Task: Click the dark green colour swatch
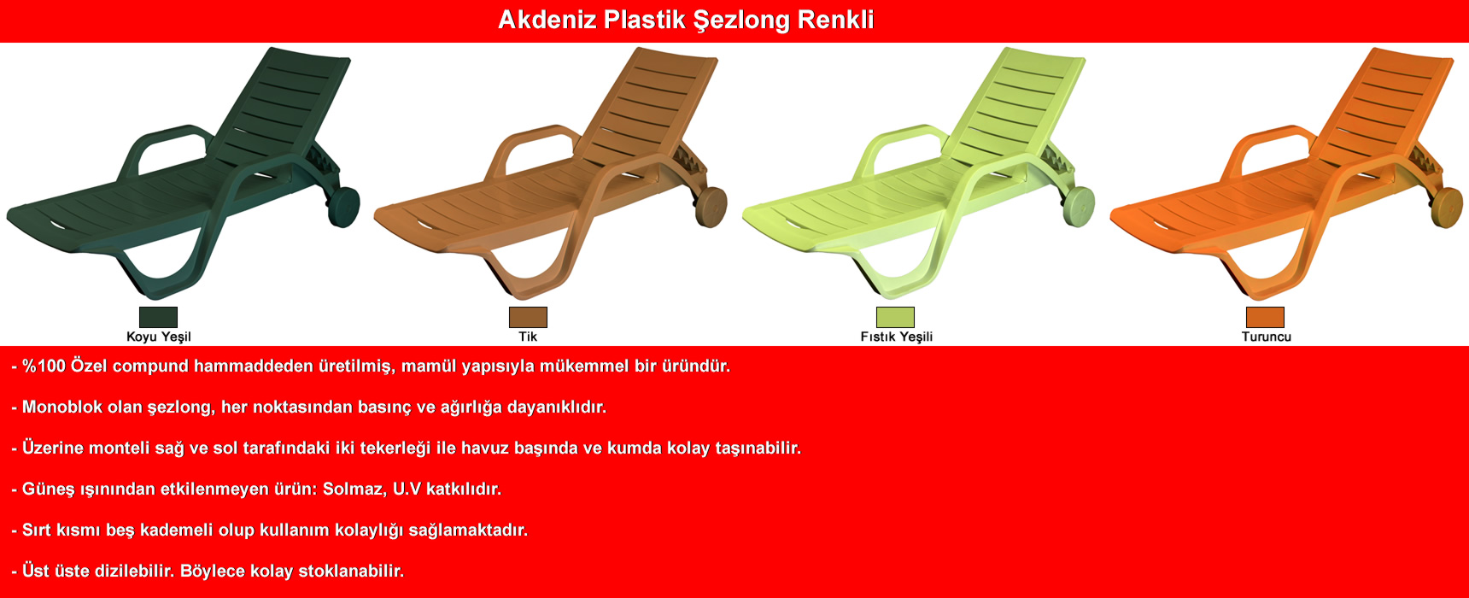(158, 317)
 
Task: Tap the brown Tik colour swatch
(528, 317)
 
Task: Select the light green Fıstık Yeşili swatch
(895, 317)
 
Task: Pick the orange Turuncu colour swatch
(1265, 317)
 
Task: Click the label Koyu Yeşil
(159, 337)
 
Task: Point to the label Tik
(528, 337)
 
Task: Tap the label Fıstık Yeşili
(896, 337)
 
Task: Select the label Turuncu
(1266, 337)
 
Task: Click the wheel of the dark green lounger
(343, 207)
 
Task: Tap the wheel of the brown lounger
(711, 207)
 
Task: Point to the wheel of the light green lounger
(1079, 207)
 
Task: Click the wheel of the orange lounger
(1446, 207)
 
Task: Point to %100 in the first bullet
(44, 366)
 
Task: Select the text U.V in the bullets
(407, 489)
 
